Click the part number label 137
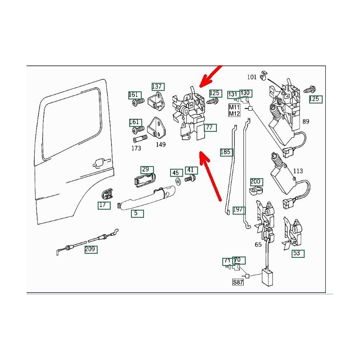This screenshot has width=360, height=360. (157, 86)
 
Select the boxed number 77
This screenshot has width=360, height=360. (210, 128)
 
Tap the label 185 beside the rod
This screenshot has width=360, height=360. (225, 152)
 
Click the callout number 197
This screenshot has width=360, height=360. (238, 210)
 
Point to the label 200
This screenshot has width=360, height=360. (256, 182)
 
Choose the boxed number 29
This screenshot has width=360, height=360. (145, 170)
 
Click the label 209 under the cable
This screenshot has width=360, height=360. (91, 249)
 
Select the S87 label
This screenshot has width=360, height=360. (237, 283)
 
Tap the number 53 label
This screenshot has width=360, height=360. (297, 253)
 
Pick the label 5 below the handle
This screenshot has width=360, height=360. (137, 213)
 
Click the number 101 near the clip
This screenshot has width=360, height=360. (252, 77)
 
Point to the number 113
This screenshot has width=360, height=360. (298, 171)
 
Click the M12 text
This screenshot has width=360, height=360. (234, 113)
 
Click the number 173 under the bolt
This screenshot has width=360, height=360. (136, 148)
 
